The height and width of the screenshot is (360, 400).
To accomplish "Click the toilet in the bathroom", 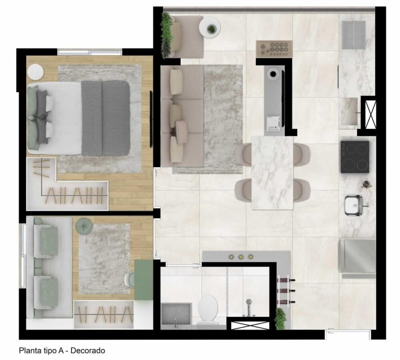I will (x=208, y=308).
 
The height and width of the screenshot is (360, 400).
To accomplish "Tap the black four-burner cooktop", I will (x=355, y=157).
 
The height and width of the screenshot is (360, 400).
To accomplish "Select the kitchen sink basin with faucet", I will (x=354, y=205).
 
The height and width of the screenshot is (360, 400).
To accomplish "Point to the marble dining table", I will (x=272, y=172).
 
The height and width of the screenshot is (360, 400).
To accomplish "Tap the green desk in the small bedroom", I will (x=143, y=280).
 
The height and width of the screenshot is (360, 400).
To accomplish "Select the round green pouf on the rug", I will (x=84, y=226).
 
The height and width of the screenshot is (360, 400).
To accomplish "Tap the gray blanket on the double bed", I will (x=106, y=118).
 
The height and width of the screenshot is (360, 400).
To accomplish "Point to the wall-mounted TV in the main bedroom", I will (x=151, y=119).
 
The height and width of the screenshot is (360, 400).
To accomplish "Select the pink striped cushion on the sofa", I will (x=182, y=132).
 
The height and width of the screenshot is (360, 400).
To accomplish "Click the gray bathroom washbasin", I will (x=176, y=315).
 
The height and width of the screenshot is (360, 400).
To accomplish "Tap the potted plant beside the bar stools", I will (x=281, y=319).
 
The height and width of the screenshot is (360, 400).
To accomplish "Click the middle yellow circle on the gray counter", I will (x=241, y=257).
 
